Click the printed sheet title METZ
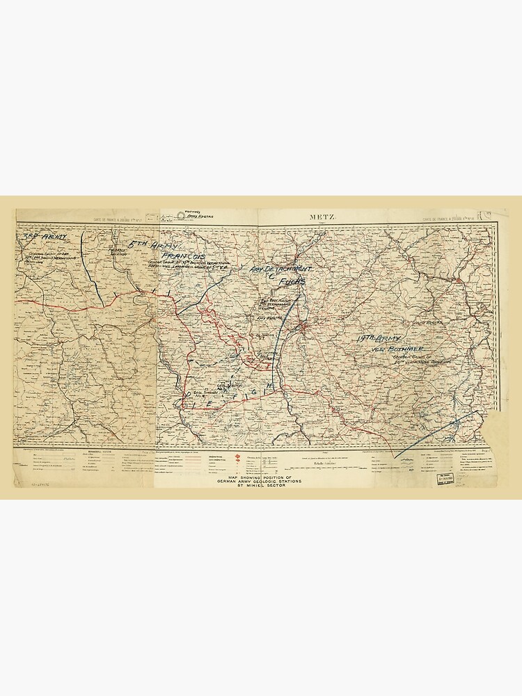coord(322,217)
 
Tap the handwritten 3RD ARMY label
coord(45,238)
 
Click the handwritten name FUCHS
coord(292,282)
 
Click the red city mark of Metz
coord(303,325)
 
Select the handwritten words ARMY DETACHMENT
coord(280,269)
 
